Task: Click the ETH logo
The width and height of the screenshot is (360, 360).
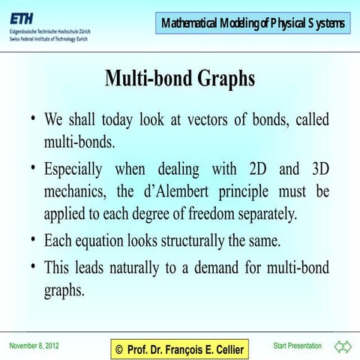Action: [22, 17]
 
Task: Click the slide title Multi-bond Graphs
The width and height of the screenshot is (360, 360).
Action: [180, 77]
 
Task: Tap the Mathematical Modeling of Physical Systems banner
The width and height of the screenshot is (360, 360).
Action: [253, 24]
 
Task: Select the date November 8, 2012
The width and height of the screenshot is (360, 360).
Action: [34, 346]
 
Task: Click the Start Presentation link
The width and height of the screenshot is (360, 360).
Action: [298, 346]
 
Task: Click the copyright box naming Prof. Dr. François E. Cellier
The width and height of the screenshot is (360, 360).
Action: [179, 349]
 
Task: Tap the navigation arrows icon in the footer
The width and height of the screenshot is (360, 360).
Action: [343, 346]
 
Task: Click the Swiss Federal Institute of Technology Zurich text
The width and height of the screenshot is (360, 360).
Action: [49, 38]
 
